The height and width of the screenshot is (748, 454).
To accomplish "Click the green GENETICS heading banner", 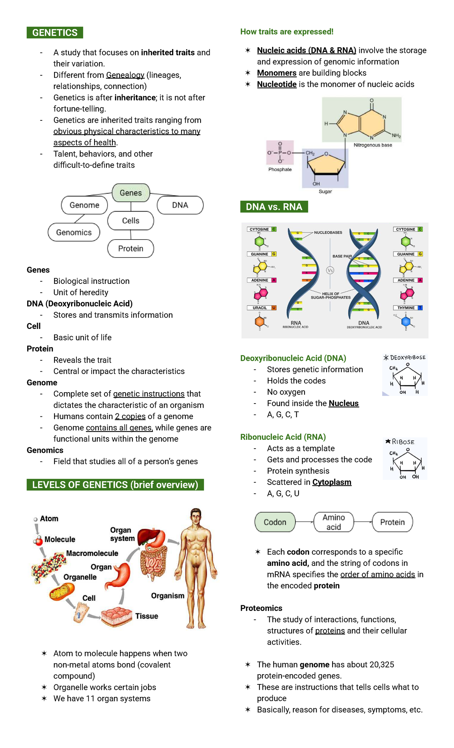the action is [55, 33].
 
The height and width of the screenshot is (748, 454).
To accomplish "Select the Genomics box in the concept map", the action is [74, 232].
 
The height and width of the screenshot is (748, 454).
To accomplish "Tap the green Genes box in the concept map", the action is [131, 193].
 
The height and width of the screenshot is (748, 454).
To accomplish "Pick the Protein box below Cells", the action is [131, 249].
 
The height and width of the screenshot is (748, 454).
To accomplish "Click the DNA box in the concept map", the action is [180, 205].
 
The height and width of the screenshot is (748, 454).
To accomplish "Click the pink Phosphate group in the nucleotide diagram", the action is [280, 153].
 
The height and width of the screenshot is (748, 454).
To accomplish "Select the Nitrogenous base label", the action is [373, 145].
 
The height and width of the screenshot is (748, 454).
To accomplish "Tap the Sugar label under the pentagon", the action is [325, 192].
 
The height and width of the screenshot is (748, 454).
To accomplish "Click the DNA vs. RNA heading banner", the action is [274, 207].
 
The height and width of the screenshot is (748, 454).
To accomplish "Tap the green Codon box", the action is [275, 522].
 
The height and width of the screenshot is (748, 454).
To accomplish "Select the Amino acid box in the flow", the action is [334, 522].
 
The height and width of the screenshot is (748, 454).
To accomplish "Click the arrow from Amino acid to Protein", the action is [363, 522].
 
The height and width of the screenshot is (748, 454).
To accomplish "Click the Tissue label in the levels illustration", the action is [147, 616].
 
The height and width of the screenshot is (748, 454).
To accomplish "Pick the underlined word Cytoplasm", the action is [332, 482].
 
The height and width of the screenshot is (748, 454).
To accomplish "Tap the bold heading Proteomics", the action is [261, 608].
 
